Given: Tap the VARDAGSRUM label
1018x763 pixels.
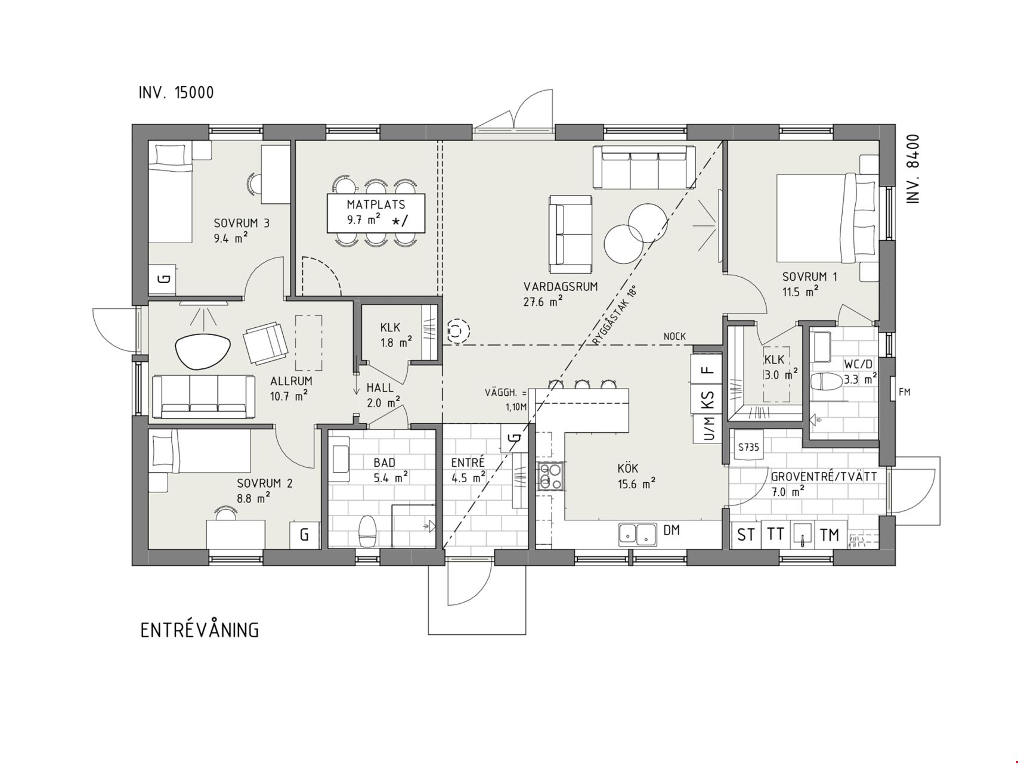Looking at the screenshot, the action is (560, 287).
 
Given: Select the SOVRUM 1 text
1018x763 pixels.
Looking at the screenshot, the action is (810, 277).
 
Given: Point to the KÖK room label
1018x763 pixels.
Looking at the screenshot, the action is (628, 469).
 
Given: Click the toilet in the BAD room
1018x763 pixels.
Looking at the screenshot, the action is (367, 531).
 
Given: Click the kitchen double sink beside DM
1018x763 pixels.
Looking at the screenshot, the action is (637, 535).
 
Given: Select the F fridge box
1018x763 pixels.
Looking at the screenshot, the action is (707, 370).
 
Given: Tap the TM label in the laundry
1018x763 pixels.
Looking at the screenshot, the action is (830, 535).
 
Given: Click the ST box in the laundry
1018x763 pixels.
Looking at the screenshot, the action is (745, 535).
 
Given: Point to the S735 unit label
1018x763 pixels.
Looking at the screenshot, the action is (748, 446).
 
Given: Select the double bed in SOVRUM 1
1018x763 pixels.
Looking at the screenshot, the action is (827, 218).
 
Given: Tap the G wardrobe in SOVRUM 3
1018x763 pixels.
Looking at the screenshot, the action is (162, 279).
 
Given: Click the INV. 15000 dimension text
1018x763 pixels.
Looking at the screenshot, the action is (177, 93).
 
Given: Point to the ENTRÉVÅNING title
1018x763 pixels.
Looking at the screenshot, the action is (200, 630).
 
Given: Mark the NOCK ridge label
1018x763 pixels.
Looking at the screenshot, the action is (674, 337).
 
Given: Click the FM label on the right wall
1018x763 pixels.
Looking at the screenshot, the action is (905, 392).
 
